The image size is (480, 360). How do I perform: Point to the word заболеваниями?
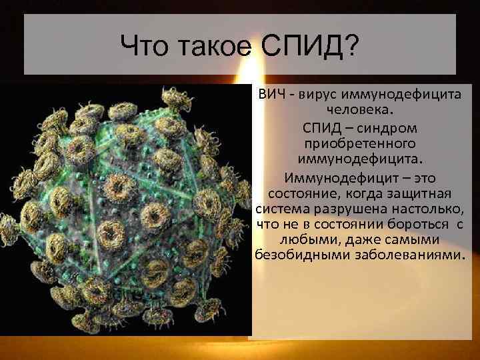(x=402, y=256)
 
